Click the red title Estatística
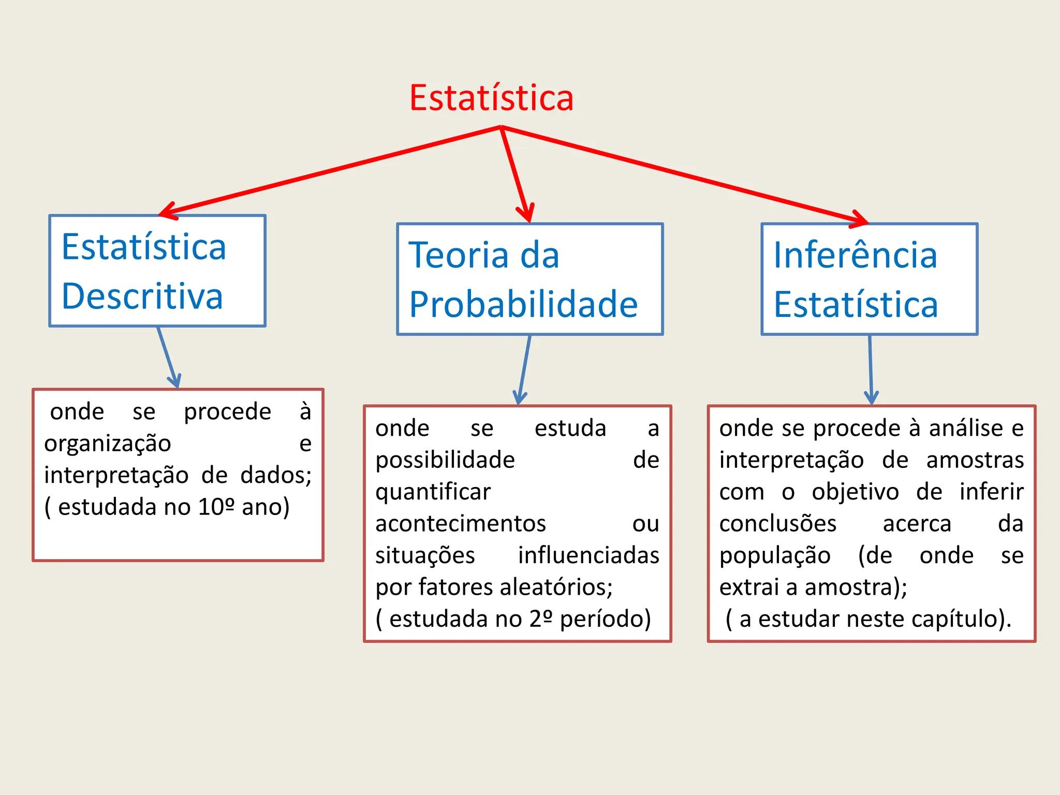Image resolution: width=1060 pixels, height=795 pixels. click(491, 98)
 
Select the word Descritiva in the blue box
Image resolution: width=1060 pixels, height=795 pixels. click(142, 297)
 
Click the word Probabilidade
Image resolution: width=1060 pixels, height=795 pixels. click(523, 304)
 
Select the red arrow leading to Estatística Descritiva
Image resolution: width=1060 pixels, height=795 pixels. click(331, 171)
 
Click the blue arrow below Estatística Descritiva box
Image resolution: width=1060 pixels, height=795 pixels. click(168, 357)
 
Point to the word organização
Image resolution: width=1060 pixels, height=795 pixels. click(108, 444)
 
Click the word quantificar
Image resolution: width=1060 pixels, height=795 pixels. click(433, 492)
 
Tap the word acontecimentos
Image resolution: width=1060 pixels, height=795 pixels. click(461, 524)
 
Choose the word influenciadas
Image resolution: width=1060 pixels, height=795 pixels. click(588, 555)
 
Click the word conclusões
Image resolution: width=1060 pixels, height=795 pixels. click(777, 524)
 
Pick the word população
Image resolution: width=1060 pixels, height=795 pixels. click(775, 556)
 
